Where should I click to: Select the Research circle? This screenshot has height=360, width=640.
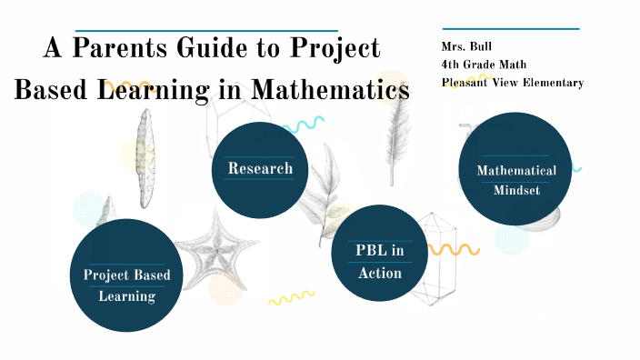coord(260,168)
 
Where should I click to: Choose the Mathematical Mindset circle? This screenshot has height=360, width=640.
coord(516,179)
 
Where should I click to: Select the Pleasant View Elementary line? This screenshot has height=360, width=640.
coord(512,83)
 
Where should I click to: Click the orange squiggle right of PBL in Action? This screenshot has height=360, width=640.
coord(454,249)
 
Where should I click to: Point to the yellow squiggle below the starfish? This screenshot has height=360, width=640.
coord(291,296)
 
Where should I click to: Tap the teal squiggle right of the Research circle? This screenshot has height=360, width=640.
coord(305,126)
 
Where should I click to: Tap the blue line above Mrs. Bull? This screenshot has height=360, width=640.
coord(509,29)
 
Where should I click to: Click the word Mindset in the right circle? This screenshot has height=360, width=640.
coord(516,190)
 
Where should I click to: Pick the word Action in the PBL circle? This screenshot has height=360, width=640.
coord(380,273)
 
